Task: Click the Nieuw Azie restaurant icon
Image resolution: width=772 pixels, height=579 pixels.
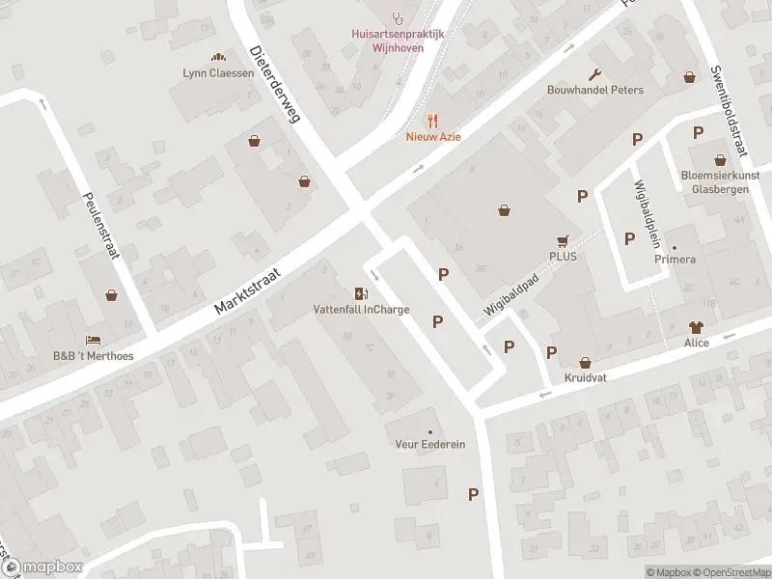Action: coord(433,121)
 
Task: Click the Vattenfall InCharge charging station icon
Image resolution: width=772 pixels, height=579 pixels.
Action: coord(361,294)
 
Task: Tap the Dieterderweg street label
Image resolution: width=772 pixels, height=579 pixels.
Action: coord(275,84)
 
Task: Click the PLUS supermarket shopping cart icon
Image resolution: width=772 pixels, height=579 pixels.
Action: coord(563,241)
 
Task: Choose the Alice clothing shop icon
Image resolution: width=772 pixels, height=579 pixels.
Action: coord(695,328)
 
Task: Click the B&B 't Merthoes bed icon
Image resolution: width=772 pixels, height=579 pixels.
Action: coord(92,340)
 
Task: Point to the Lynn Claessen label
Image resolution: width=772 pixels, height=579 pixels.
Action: coord(218,72)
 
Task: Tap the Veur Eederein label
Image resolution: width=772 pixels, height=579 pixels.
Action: coord(429,444)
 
